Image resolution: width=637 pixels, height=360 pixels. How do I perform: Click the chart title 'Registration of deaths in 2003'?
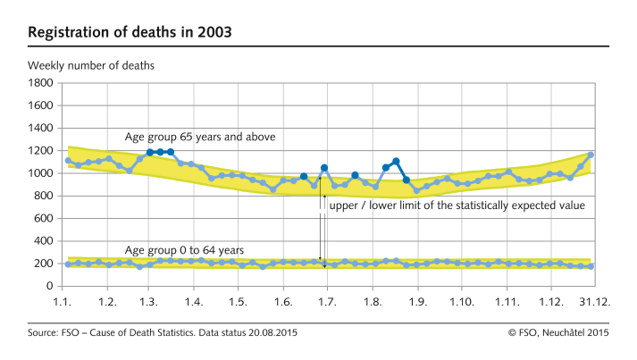(130, 32)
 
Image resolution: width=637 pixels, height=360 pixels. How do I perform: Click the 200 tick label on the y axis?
(45, 264)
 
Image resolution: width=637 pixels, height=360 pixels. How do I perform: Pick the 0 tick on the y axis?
(50, 286)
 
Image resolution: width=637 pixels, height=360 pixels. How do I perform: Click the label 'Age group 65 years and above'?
(200, 138)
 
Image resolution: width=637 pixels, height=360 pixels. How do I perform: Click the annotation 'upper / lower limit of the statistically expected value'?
(457, 205)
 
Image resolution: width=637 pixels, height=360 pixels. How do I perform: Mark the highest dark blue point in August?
(396, 162)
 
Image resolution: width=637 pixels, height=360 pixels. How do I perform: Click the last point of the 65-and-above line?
(591, 155)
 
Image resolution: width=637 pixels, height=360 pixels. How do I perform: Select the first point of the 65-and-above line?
(68, 161)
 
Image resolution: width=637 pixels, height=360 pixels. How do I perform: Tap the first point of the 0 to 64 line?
(68, 264)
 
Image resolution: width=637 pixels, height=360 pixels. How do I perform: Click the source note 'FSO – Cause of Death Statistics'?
(163, 333)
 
